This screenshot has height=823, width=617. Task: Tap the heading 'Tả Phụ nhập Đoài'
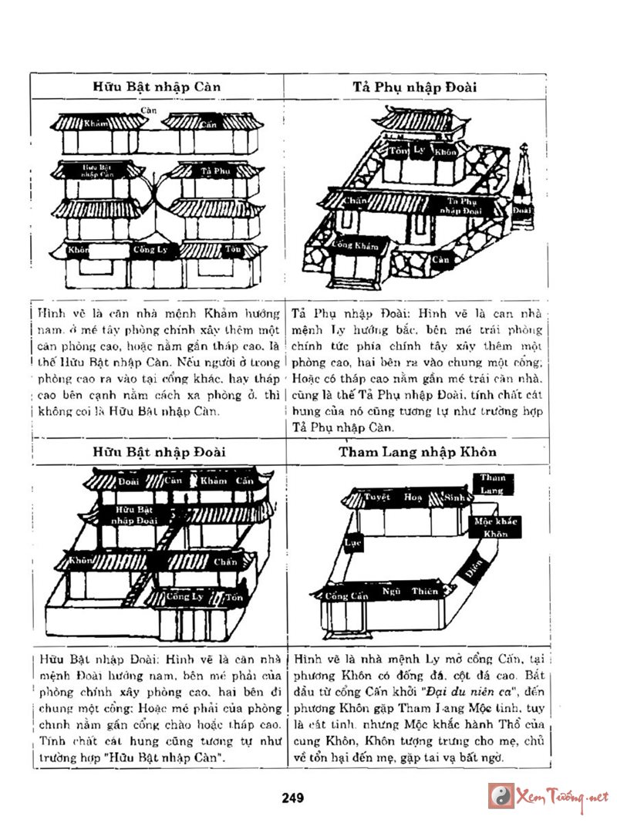point(415,86)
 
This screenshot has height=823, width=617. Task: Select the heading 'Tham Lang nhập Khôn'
point(417,451)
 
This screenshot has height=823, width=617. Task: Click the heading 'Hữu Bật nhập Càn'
point(157,86)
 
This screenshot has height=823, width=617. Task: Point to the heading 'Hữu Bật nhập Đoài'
point(159,451)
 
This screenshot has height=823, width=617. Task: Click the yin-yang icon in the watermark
point(501,795)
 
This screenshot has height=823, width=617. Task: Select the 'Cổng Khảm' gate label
point(356,246)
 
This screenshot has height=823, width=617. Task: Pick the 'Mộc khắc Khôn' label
point(495,528)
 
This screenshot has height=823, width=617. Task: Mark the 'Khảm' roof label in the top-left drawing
point(96,123)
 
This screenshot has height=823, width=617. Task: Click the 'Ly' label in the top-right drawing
point(420,150)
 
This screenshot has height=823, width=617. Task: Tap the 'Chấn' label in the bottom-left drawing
point(224,562)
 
